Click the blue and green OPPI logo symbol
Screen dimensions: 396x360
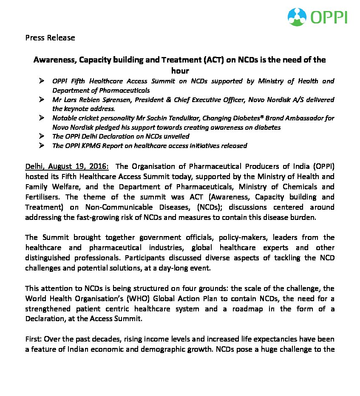tap(298, 17)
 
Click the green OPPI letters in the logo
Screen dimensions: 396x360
tap(329, 17)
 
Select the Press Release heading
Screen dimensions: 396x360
tap(50, 38)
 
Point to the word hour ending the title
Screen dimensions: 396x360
tap(180, 71)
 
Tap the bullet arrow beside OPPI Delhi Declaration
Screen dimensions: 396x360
tap(42, 136)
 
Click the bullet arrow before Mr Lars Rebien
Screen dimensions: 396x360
tap(42, 100)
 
